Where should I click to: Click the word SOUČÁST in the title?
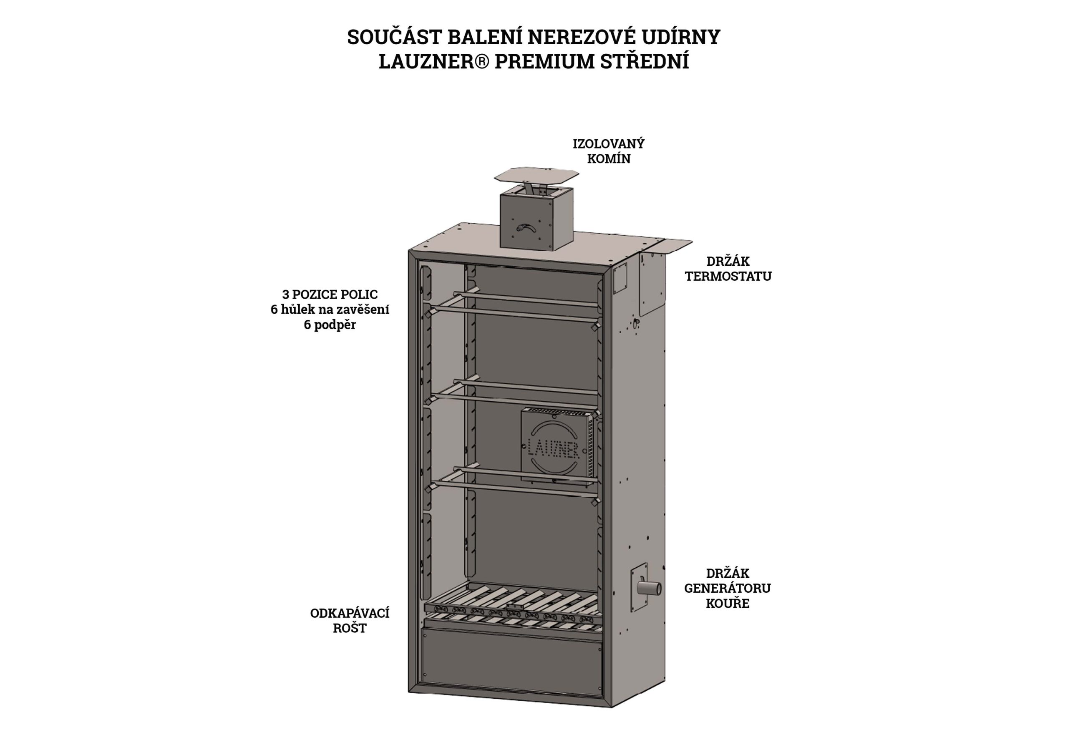click(x=392, y=37)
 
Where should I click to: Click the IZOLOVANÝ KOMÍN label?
click(x=608, y=151)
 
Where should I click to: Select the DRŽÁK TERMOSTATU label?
click(x=728, y=268)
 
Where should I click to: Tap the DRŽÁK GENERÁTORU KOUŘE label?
click(x=728, y=588)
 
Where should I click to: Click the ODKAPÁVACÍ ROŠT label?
click(x=350, y=621)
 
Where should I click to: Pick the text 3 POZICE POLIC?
click(x=330, y=294)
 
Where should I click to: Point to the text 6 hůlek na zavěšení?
click(x=330, y=310)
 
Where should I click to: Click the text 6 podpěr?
click(x=330, y=325)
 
